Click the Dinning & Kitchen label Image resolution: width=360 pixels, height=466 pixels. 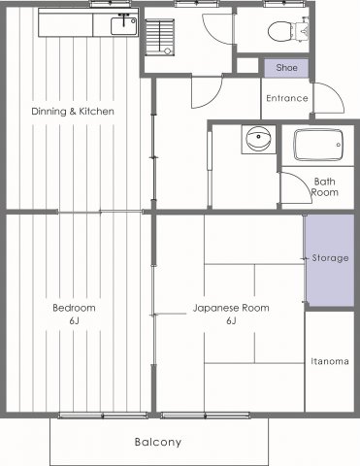(x=72, y=111)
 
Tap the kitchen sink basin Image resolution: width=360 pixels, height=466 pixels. (x=123, y=27)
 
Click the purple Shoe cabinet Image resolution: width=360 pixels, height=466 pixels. (x=286, y=68)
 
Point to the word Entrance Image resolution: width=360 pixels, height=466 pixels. (x=286, y=98)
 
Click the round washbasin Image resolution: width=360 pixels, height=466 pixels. (x=258, y=140)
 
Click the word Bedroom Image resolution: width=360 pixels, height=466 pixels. (x=74, y=308)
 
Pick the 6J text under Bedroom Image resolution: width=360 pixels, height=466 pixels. (x=74, y=320)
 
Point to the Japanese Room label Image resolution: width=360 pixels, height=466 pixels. (x=232, y=308)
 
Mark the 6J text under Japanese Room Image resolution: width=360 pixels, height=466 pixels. (x=232, y=320)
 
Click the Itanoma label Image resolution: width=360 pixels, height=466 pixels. (x=330, y=361)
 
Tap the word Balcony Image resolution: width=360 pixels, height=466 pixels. (x=158, y=443)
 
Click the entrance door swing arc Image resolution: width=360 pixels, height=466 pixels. (x=328, y=97)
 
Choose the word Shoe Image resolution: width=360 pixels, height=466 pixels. (x=286, y=68)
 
